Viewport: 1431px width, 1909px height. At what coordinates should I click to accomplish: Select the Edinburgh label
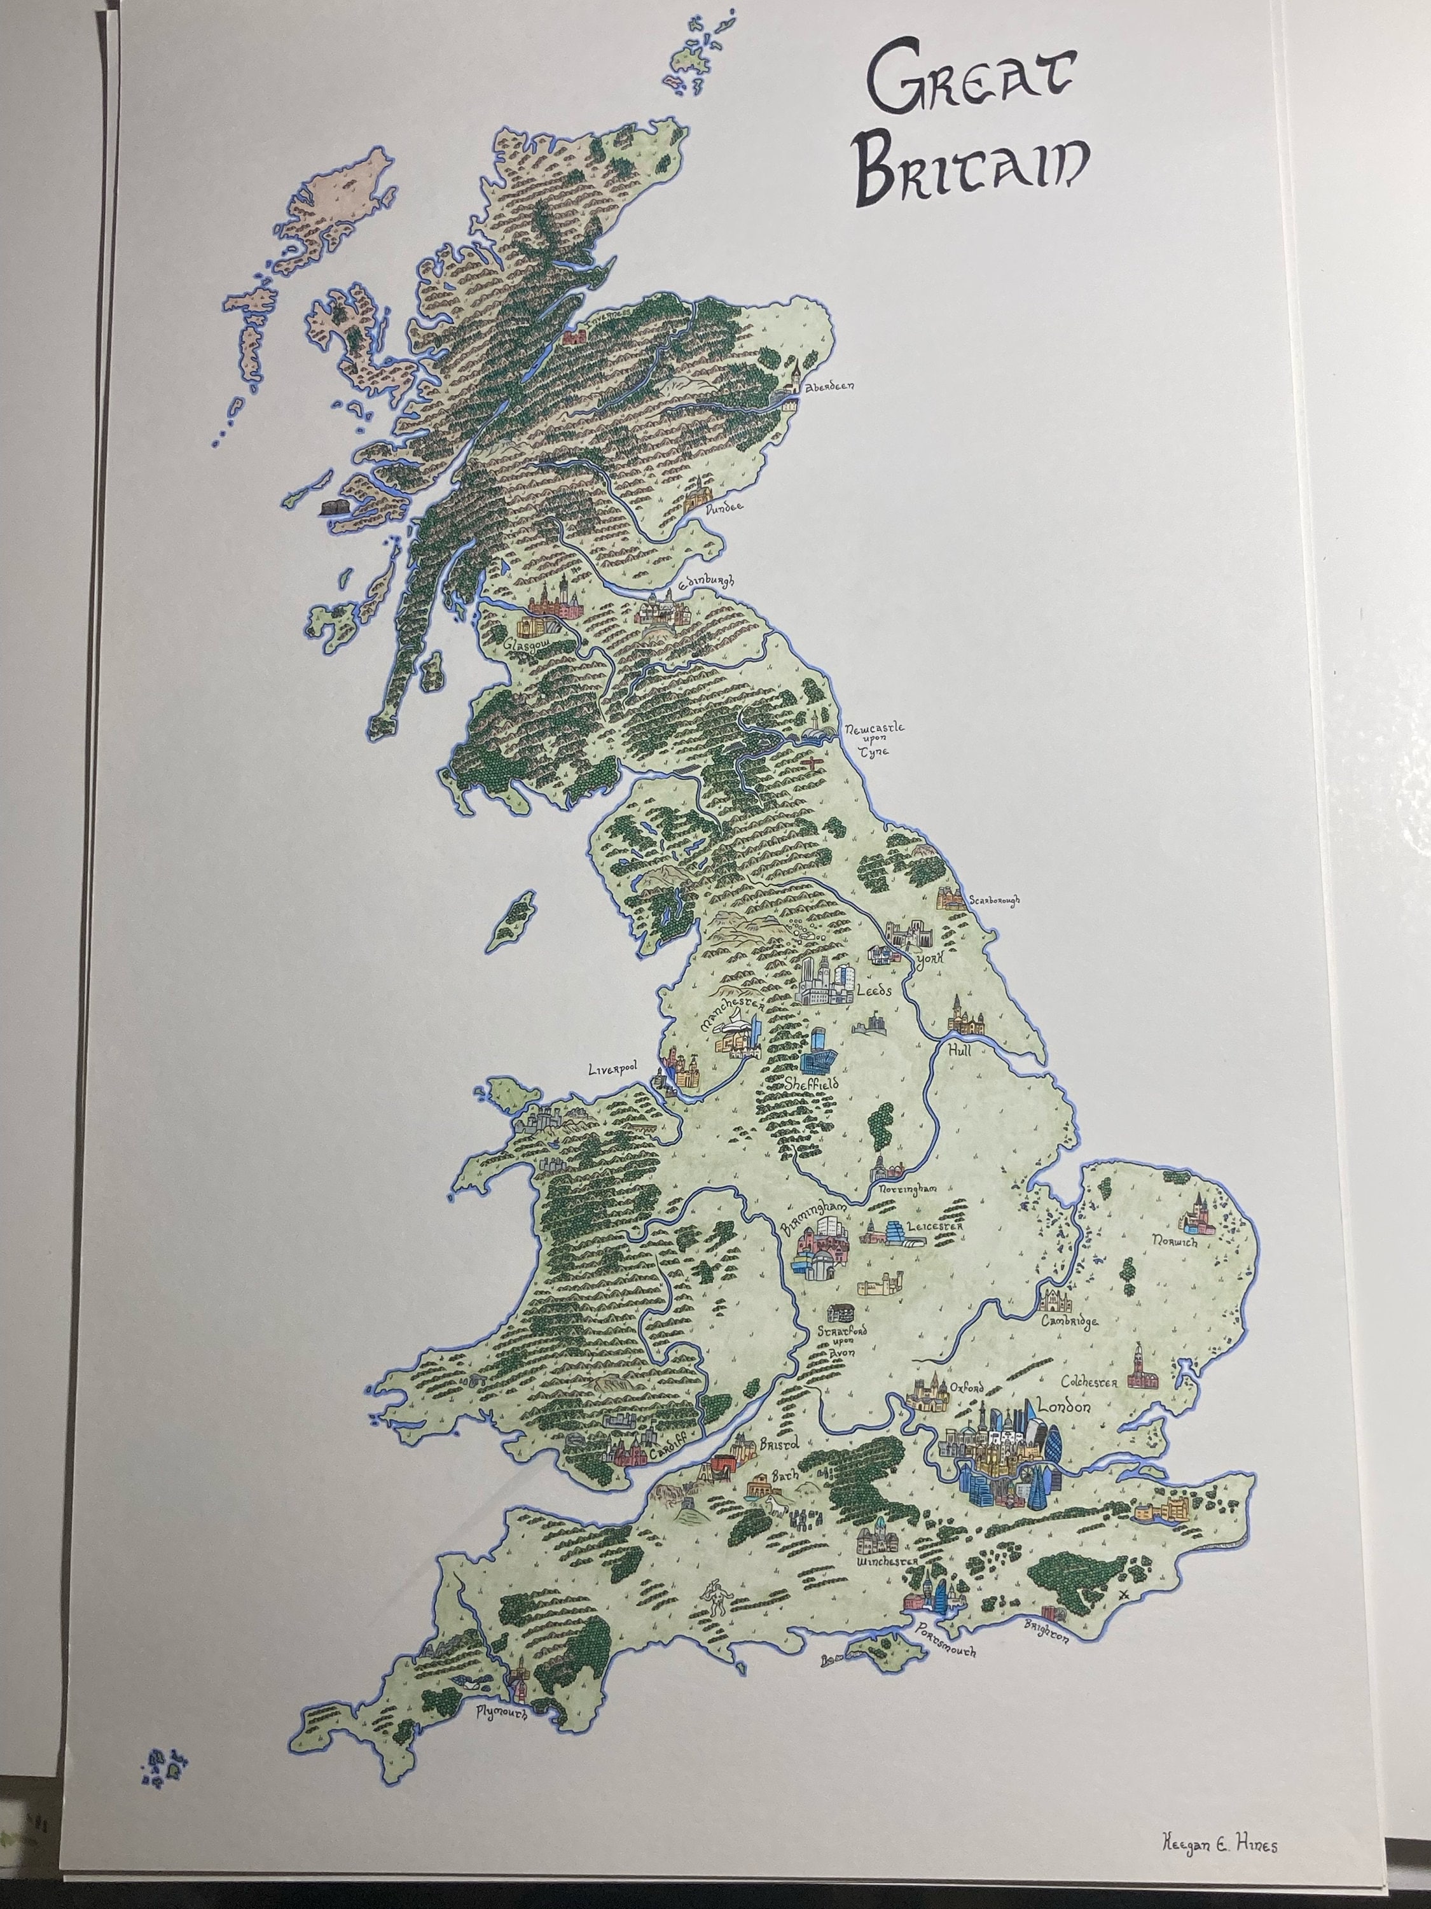(x=705, y=582)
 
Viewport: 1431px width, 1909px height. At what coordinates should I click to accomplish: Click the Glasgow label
(x=528, y=644)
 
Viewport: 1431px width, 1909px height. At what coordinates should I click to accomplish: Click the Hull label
(x=959, y=1049)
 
